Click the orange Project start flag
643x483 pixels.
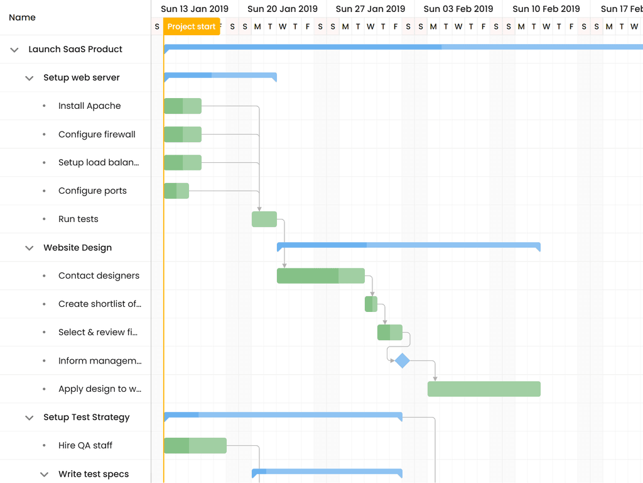click(x=192, y=26)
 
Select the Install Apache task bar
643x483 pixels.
click(x=183, y=106)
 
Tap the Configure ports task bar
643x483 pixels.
click(x=176, y=191)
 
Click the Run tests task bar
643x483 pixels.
click(x=264, y=219)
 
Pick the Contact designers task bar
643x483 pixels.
click(x=321, y=275)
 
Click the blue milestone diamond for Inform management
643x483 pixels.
click(x=402, y=360)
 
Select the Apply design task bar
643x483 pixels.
click(x=484, y=389)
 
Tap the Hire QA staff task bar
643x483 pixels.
click(x=195, y=445)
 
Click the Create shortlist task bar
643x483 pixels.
click(x=371, y=304)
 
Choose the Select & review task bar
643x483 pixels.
click(x=390, y=332)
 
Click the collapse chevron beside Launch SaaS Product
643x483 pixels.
click(x=14, y=50)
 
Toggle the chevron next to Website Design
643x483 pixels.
click(x=29, y=248)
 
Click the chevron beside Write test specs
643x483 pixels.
click(x=44, y=474)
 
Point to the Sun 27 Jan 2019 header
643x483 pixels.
click(x=370, y=9)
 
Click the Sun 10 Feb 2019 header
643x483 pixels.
click(x=546, y=9)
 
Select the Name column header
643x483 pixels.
click(x=23, y=18)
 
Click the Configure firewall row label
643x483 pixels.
click(x=97, y=134)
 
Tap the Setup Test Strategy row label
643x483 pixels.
click(x=87, y=417)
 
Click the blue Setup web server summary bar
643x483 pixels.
click(x=220, y=76)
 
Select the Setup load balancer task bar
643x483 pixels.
click(x=183, y=162)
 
